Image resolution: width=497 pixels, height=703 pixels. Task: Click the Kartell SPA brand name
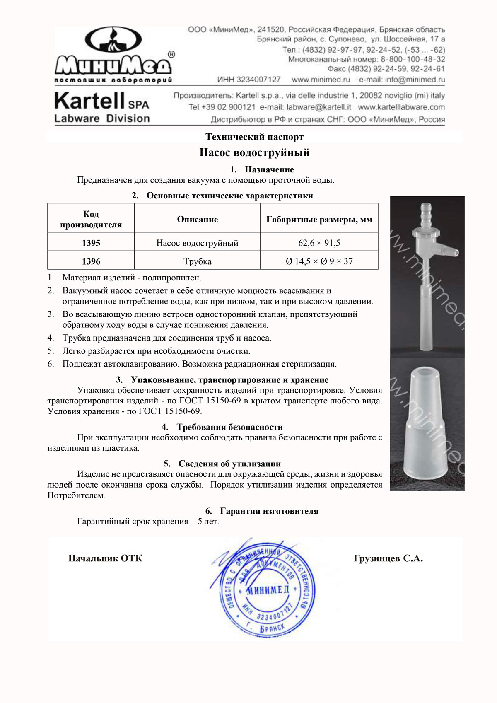(101, 101)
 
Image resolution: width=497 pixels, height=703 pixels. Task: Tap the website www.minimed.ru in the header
(321, 80)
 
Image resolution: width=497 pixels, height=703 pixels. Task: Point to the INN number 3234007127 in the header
(249, 80)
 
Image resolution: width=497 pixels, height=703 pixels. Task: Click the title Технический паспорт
(254, 137)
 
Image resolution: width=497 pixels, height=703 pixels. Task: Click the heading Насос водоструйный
(254, 153)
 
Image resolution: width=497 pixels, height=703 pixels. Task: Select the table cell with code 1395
(91, 243)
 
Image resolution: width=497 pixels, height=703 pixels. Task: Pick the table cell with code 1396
(91, 261)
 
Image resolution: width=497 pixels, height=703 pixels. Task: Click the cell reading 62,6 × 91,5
(319, 243)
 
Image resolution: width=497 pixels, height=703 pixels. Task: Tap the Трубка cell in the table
(198, 261)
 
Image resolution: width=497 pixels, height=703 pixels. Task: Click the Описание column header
(198, 220)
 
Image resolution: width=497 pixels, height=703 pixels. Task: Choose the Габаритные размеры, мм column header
(319, 220)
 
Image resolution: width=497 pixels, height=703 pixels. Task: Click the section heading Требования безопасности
(229, 427)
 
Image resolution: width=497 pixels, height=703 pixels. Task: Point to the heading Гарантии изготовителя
(269, 511)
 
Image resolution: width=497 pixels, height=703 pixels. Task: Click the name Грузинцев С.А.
(388, 558)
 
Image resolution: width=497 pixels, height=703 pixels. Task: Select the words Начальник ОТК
(105, 558)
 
